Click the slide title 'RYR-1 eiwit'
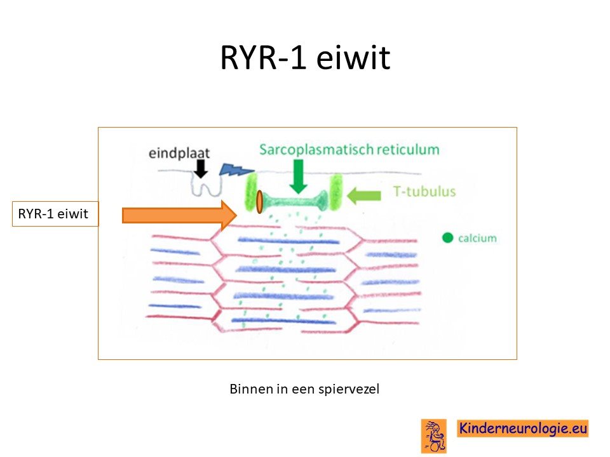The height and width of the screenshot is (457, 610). tap(305, 58)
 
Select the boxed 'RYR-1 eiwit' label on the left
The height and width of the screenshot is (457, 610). tap(55, 214)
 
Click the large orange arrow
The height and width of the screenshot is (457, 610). tap(179, 215)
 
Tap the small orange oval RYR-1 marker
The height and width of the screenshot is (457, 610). tap(259, 202)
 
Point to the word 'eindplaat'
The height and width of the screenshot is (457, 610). tap(179, 153)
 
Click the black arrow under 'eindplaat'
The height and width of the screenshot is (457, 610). tap(201, 169)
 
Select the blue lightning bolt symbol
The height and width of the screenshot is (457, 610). tap(236, 169)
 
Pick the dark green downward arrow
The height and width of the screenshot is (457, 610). tap(299, 177)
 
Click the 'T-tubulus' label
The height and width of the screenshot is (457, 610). tap(424, 191)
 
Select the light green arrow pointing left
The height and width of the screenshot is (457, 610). tap(363, 195)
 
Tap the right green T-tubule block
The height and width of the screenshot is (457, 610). tap(335, 192)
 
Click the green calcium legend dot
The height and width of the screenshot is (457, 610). tap(448, 237)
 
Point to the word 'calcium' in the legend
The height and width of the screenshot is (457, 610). tap(477, 238)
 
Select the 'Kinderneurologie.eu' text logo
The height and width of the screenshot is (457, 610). tap(522, 428)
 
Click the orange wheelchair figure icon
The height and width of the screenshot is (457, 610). tap(434, 436)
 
